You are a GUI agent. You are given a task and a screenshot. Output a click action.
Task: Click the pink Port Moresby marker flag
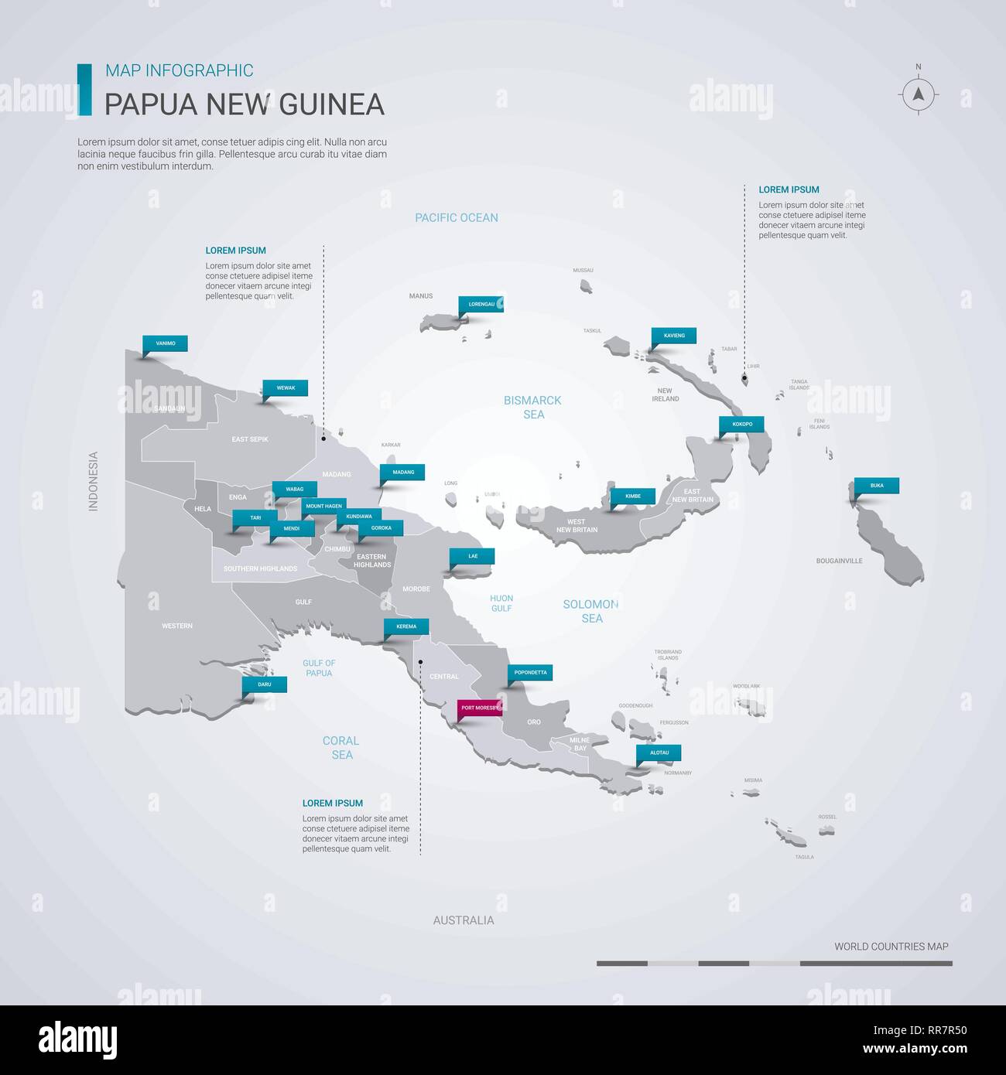point(480,708)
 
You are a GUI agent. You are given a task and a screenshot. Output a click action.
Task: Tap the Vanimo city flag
point(165,343)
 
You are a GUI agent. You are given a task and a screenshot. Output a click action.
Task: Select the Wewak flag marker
point(286,387)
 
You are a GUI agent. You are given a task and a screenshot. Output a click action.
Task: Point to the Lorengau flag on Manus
point(481,304)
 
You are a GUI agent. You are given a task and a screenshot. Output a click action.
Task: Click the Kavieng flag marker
point(674,336)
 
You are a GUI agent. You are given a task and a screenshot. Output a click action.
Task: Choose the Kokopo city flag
point(742,424)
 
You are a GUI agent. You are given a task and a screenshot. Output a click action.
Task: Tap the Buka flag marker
point(877,486)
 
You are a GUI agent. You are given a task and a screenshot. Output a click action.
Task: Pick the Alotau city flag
point(659,752)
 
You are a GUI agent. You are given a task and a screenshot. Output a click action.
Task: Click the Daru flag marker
point(265,684)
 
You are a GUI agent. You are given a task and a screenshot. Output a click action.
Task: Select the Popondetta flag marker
point(530,672)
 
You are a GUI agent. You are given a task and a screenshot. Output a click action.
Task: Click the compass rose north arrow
point(919,94)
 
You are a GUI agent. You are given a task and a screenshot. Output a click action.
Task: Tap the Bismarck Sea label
point(532,407)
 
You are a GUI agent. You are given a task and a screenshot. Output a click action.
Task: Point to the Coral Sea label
point(341,747)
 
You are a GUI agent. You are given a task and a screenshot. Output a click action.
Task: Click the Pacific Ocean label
point(457,217)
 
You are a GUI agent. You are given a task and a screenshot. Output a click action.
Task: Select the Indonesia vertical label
point(94,481)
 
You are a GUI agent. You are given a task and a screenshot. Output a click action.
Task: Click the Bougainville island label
point(839,561)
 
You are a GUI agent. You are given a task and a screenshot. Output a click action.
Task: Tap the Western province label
point(177,626)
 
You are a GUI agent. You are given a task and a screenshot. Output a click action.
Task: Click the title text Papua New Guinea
point(245,104)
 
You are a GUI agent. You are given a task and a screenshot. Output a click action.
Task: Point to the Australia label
point(464,920)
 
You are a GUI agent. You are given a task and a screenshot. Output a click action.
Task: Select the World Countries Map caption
point(891,946)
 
